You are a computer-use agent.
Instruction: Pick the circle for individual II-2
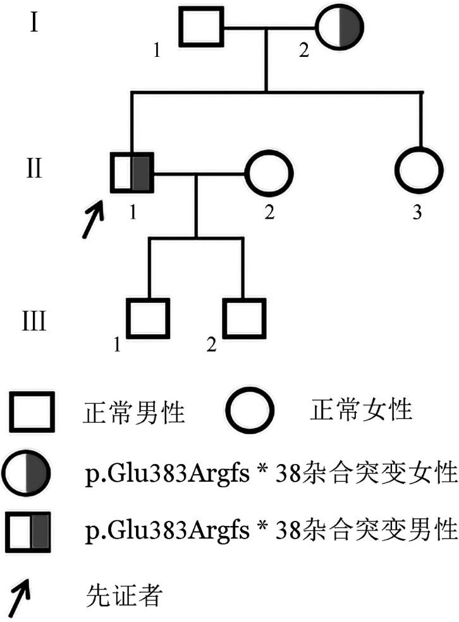(x=269, y=173)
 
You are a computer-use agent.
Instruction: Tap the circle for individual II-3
(x=418, y=173)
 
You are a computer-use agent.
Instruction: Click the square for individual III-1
(x=149, y=318)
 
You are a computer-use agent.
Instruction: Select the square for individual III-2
(x=243, y=318)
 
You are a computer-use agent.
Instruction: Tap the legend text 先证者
(x=123, y=595)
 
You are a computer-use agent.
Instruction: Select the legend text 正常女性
(x=361, y=410)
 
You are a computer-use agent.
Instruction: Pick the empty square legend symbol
(x=30, y=411)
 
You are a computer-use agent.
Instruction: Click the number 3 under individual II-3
(x=417, y=212)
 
